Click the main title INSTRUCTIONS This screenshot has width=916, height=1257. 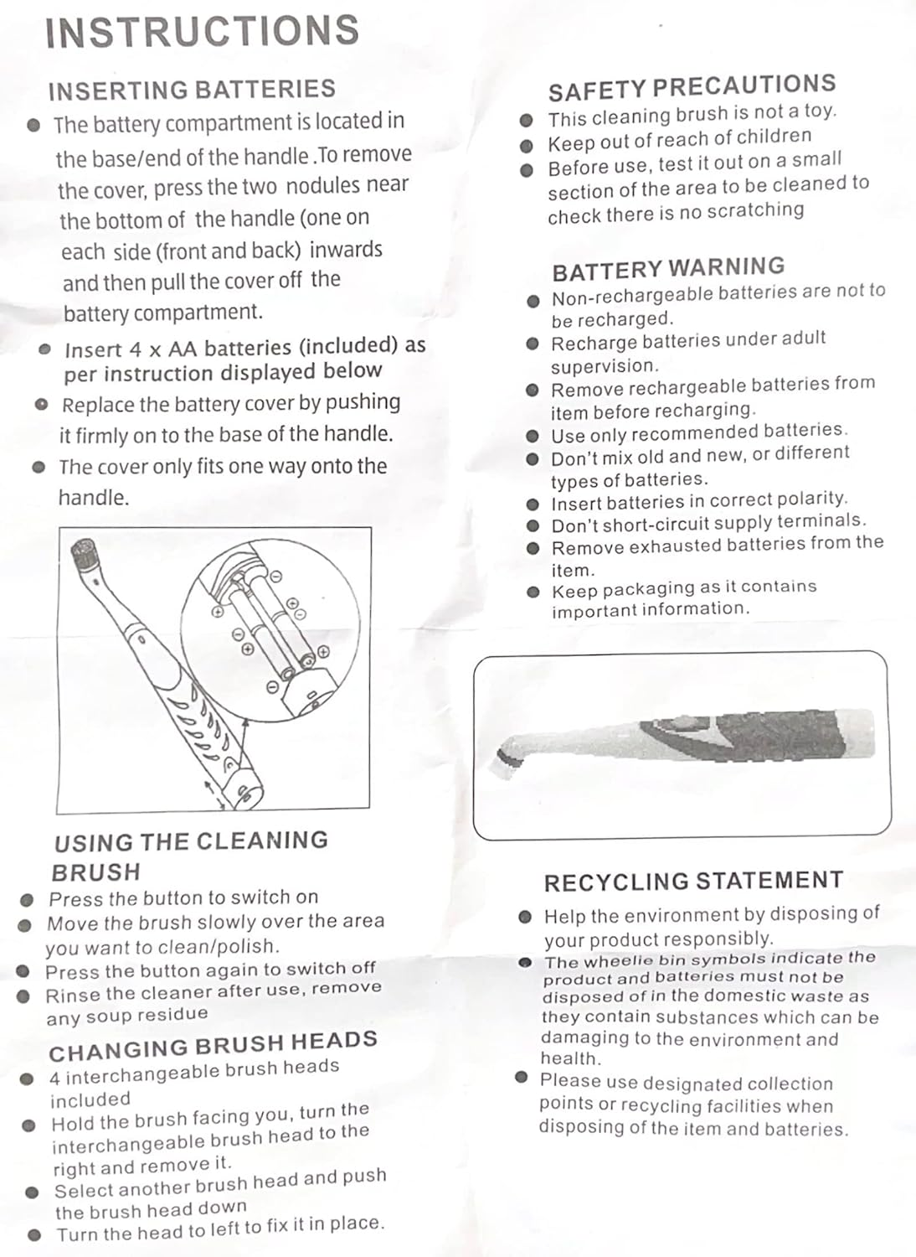click(x=202, y=31)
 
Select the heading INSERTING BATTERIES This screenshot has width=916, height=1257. click(x=192, y=90)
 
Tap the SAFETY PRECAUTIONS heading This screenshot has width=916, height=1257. click(x=692, y=87)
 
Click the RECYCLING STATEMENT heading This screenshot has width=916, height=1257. click(x=693, y=881)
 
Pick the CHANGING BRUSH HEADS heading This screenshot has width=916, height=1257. click(x=213, y=1046)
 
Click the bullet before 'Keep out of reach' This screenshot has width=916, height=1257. click(x=526, y=146)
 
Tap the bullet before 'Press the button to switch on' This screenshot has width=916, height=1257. click(x=28, y=900)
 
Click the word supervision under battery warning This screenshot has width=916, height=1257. click(x=603, y=366)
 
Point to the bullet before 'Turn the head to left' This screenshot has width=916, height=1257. click(x=34, y=1234)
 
